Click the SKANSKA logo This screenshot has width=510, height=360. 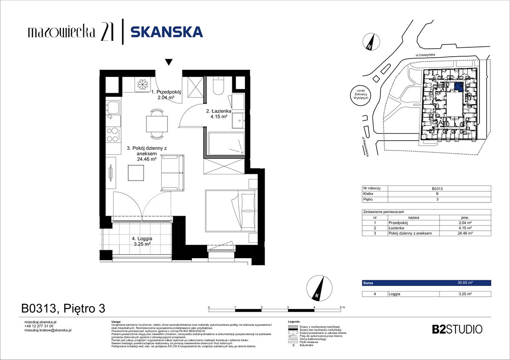click(166, 32)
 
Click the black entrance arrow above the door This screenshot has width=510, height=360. click(168, 62)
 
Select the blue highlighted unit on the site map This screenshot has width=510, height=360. click(458, 86)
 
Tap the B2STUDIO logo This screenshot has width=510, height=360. click(457, 329)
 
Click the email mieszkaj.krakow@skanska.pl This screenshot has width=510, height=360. click(47, 330)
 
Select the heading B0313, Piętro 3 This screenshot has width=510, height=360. click(63, 308)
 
